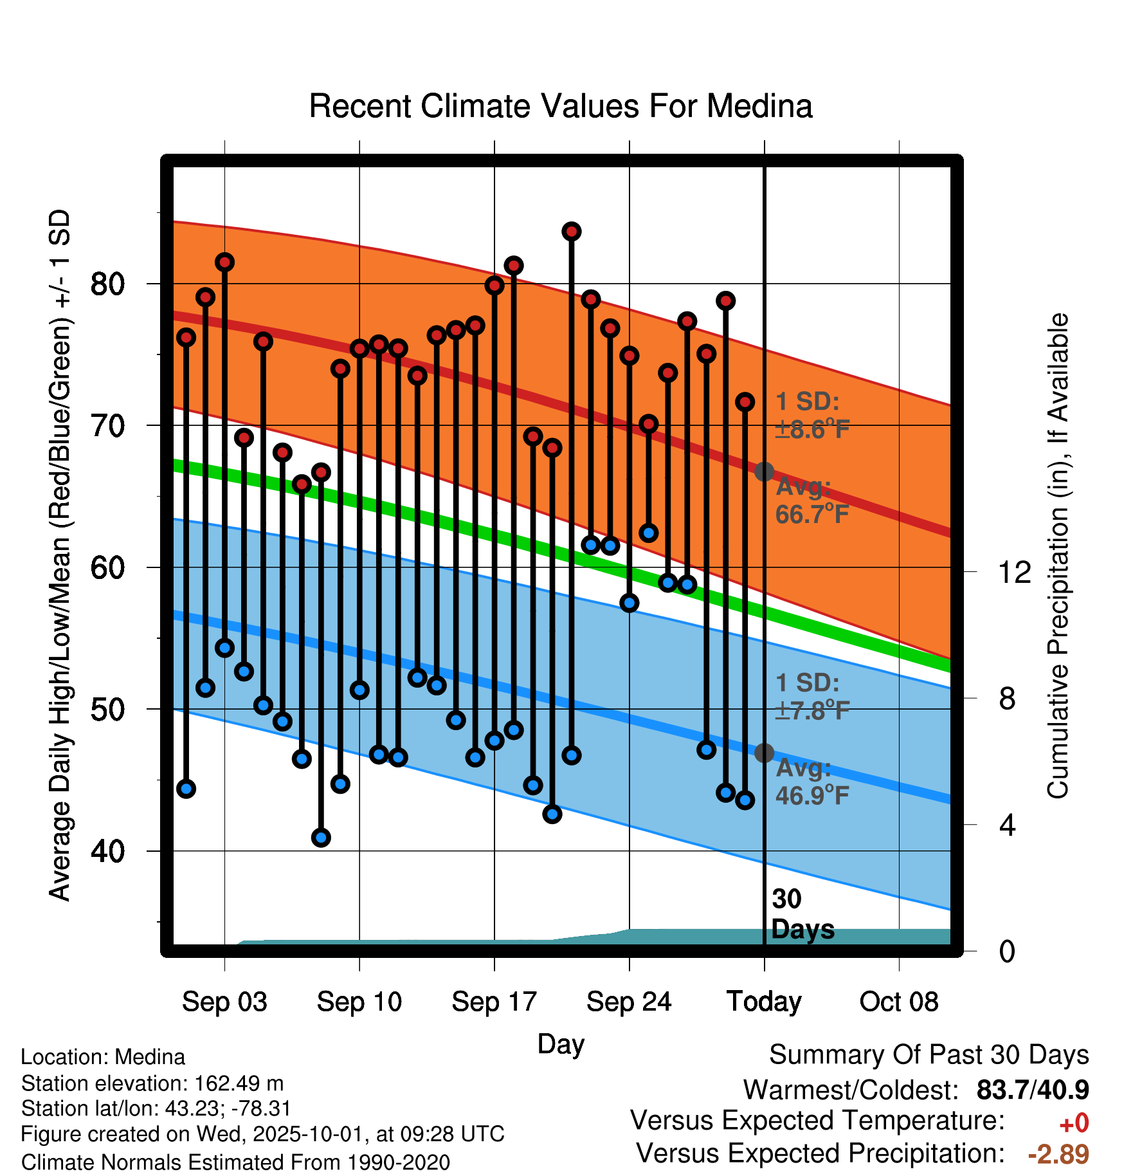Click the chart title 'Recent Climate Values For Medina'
tap(561, 106)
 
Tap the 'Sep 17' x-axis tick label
tap(494, 1002)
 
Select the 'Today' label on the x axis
tap(764, 1002)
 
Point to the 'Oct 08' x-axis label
tap(899, 1002)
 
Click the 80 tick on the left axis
tap(107, 284)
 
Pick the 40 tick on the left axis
tap(107, 851)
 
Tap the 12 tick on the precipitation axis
tap(1014, 571)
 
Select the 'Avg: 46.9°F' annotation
tap(811, 782)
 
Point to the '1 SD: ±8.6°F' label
tap(811, 416)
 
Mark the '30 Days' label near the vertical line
tap(801, 914)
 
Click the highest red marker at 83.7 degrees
tap(572, 232)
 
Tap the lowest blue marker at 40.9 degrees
tap(321, 838)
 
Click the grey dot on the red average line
tap(764, 472)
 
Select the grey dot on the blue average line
tap(764, 753)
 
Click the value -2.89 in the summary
tap(1058, 1154)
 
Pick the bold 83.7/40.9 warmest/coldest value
tap(1033, 1090)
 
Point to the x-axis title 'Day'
tap(561, 1044)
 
